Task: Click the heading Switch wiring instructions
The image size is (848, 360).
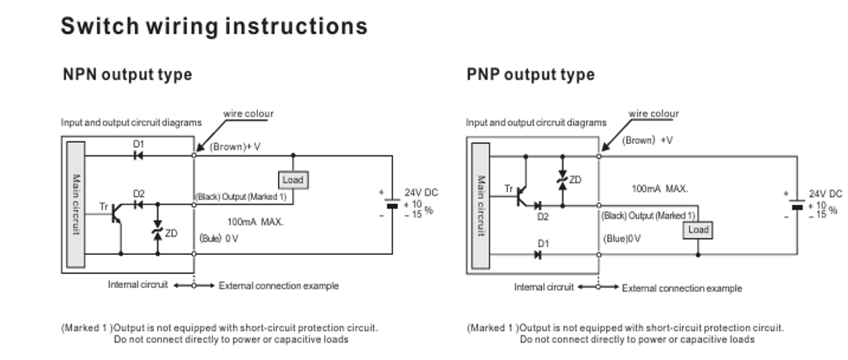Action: click(x=213, y=26)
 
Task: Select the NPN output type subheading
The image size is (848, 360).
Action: click(x=127, y=74)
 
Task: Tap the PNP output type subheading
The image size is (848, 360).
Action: click(x=530, y=74)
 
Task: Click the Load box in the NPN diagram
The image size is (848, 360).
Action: click(x=293, y=180)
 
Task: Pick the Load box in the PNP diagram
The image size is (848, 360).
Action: click(x=698, y=229)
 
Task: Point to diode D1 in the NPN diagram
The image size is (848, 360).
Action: click(x=138, y=154)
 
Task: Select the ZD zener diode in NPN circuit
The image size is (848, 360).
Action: click(x=158, y=233)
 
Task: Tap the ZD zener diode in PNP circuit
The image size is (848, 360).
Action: click(x=562, y=179)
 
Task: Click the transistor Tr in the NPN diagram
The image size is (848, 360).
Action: click(x=118, y=214)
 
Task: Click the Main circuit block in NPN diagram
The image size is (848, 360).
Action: click(x=75, y=204)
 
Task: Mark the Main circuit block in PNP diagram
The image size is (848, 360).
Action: click(x=481, y=204)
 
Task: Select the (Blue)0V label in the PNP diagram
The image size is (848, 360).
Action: click(x=622, y=238)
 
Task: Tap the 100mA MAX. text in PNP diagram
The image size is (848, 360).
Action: click(x=659, y=189)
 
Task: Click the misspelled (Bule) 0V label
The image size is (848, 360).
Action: click(x=219, y=238)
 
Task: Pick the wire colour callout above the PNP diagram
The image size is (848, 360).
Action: click(x=654, y=114)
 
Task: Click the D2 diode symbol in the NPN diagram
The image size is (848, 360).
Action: click(x=138, y=204)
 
